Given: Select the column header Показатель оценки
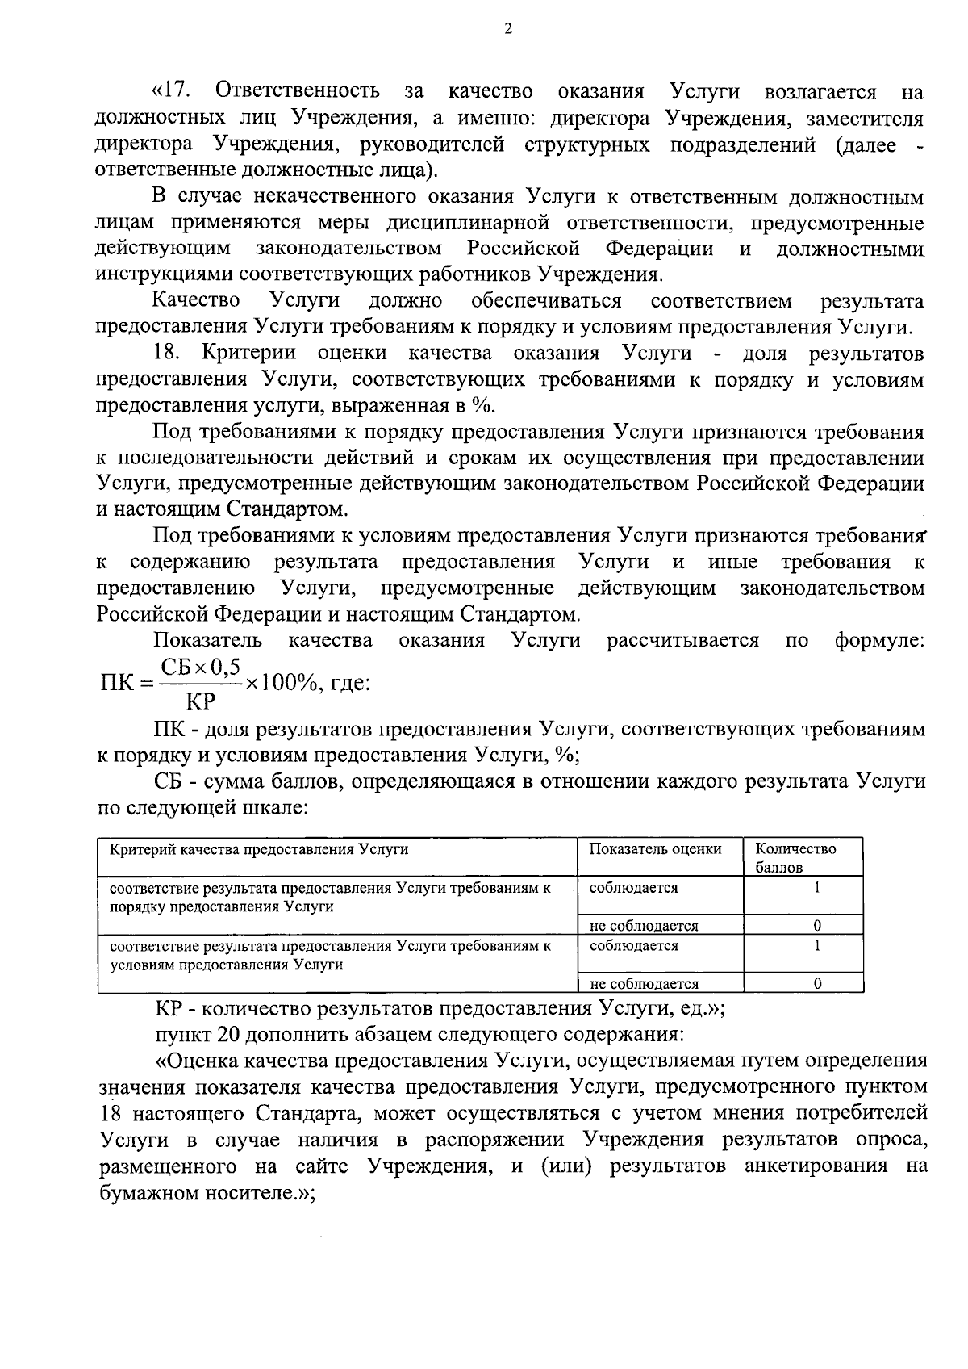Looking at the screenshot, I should point(655,848).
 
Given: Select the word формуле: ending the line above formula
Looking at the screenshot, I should point(879,641).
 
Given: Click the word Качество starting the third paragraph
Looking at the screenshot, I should point(197,301).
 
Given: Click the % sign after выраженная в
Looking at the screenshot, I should point(486,406).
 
